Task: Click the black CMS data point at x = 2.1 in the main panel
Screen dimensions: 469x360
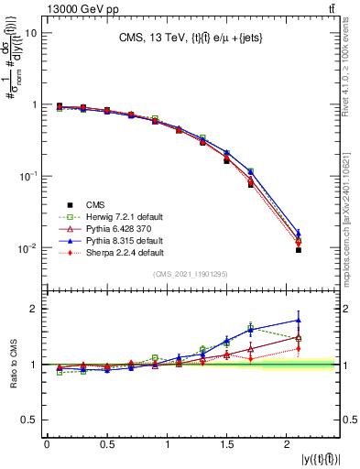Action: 299,250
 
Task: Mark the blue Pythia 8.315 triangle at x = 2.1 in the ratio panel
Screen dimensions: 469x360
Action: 299,321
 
